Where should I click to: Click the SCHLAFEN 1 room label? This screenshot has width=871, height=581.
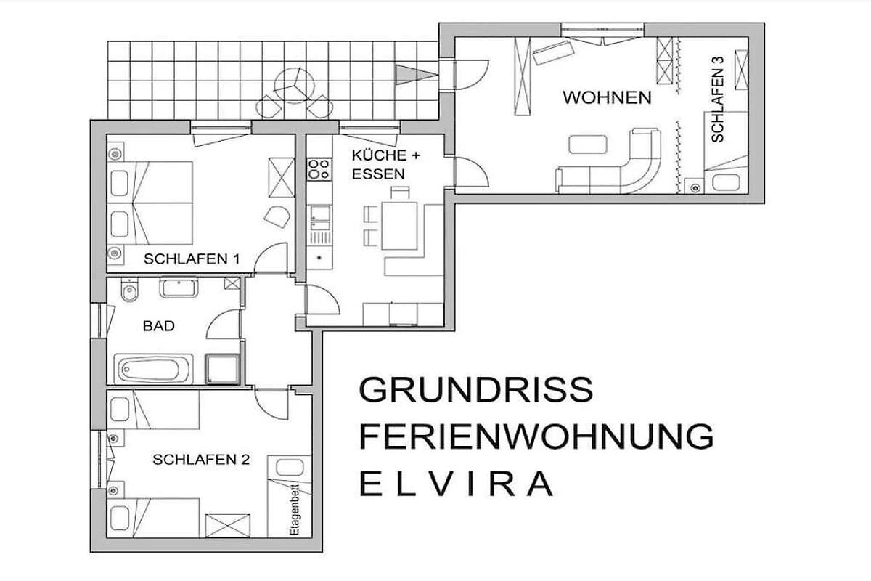tap(192, 259)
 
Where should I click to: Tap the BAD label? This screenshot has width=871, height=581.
tap(159, 325)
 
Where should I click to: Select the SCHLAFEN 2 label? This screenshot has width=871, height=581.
tap(201, 460)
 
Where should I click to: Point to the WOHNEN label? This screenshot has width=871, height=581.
tap(607, 97)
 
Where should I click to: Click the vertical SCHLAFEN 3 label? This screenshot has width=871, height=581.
tap(718, 99)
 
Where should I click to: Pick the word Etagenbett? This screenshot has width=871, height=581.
tap(295, 509)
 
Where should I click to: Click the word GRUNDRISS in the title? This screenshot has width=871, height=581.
tap(476, 390)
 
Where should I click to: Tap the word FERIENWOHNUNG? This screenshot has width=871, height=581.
tap(536, 436)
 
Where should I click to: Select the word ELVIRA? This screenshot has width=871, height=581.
tap(456, 484)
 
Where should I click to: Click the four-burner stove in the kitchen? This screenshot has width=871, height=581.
tap(319, 169)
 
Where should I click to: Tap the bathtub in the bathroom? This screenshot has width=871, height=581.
tap(154, 369)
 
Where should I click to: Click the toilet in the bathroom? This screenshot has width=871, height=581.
tap(129, 290)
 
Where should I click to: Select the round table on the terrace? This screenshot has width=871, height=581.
tap(295, 86)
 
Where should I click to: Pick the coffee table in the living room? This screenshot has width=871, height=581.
tap(587, 144)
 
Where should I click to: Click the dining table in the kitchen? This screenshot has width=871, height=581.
tap(399, 226)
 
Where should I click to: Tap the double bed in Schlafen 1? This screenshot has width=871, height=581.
tap(150, 203)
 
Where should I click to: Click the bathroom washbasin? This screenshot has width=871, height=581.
tap(179, 288)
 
